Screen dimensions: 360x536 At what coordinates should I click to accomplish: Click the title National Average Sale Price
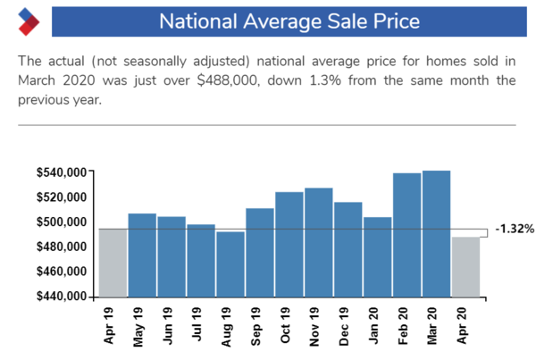[289, 21]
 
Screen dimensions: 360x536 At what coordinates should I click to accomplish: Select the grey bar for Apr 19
[113, 263]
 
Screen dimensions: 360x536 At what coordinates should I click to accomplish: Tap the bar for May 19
[142, 255]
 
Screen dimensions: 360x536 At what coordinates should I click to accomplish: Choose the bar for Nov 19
[319, 242]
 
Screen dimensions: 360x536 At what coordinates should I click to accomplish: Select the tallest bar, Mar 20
[436, 233]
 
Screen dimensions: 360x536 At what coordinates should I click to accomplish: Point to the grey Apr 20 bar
[465, 266]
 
